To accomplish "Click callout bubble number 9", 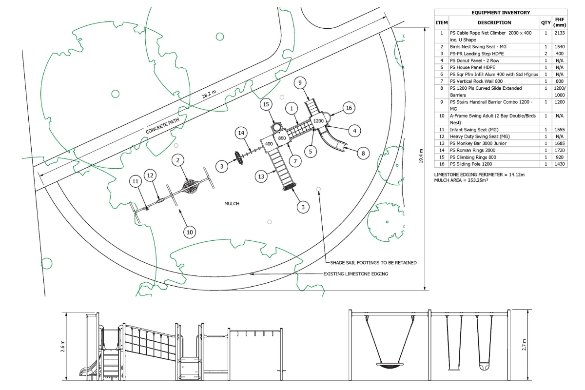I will [300, 83].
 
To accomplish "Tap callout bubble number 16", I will [348, 108].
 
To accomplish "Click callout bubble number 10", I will [190, 232].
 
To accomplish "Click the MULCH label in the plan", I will [232, 204].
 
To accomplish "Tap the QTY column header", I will [546, 22].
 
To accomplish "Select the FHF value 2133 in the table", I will [560, 33].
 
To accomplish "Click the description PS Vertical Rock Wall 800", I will [480, 81].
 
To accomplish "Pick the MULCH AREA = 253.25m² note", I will [461, 180].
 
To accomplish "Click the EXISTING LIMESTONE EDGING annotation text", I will [356, 274].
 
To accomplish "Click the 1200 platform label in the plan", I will [318, 120].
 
